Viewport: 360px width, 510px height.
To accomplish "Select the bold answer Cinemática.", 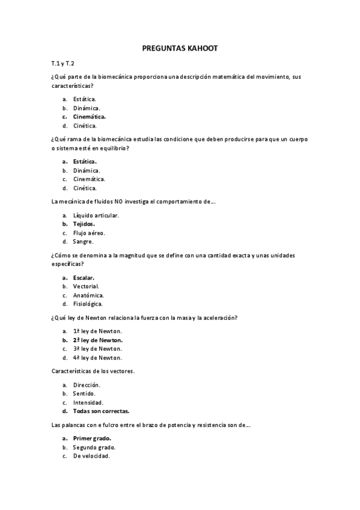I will point(90,117).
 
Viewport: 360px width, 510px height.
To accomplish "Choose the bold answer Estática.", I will point(85,161).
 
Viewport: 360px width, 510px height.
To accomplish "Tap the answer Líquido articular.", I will point(96,215).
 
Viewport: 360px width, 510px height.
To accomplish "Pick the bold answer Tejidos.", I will point(84,224).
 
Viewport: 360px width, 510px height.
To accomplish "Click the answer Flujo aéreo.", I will point(89,233).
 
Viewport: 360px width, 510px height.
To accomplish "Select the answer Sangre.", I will point(83,242).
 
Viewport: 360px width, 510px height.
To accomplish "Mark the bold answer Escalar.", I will point(84,277).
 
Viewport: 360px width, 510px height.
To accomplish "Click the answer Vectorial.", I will point(86,286).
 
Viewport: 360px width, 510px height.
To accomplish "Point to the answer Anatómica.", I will point(88,295).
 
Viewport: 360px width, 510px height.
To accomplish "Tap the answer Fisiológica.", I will point(89,304).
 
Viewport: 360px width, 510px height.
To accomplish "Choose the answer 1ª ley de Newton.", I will point(97,331).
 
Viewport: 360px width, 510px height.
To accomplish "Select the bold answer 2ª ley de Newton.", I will point(99,340).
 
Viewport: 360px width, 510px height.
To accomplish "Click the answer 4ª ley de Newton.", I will point(97,358).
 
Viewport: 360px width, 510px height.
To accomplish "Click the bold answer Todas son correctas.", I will point(101,411).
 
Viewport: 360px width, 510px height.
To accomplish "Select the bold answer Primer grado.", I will point(92,438).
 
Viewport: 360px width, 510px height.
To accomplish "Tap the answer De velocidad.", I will point(91,456).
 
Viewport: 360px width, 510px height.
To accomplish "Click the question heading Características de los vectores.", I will point(93,371).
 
